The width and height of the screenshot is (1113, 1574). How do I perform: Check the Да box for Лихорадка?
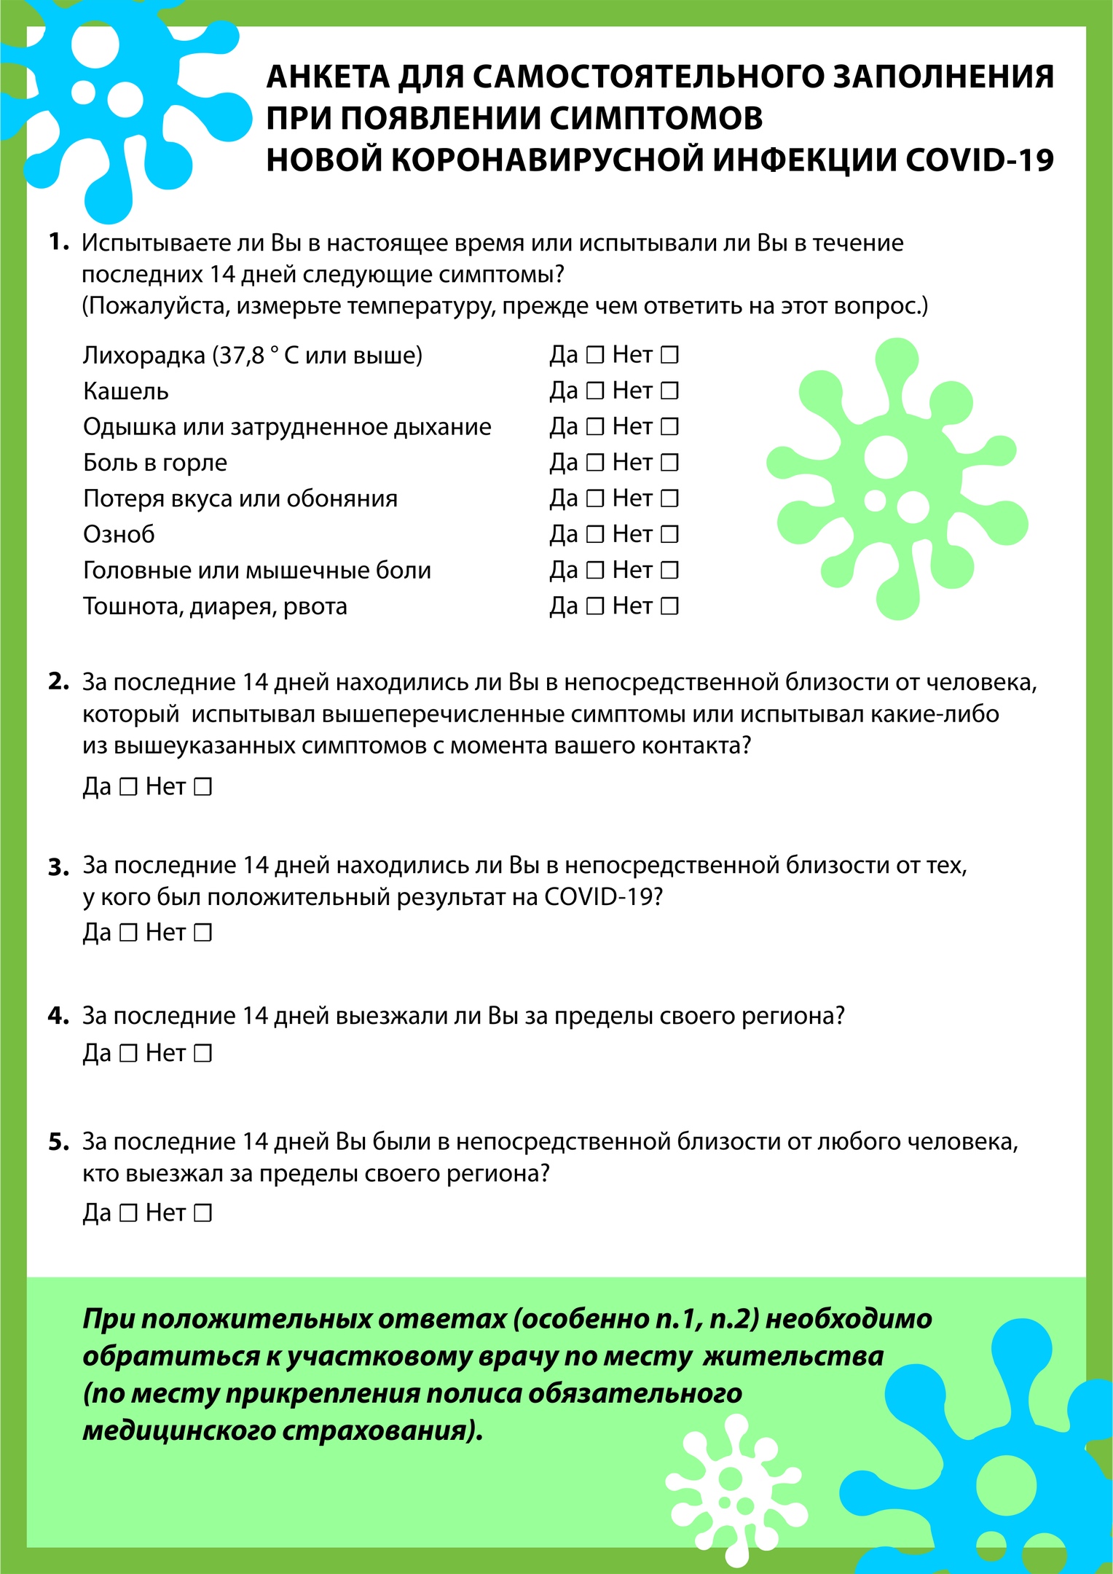pyautogui.click(x=595, y=356)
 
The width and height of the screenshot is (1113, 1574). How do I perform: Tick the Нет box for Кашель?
pyautogui.click(x=669, y=391)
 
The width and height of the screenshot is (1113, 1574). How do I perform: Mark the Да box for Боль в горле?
pyautogui.click(x=595, y=463)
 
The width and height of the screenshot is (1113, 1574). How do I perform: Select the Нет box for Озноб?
pyautogui.click(x=669, y=535)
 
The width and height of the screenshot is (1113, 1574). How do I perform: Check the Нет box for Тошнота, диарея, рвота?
pyautogui.click(x=669, y=606)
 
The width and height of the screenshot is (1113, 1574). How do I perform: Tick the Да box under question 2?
pyautogui.click(x=128, y=787)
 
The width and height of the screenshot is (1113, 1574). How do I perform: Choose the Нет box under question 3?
pyautogui.click(x=202, y=933)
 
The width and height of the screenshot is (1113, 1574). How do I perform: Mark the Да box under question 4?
pyautogui.click(x=128, y=1054)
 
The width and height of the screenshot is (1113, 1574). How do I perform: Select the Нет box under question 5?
pyautogui.click(x=202, y=1213)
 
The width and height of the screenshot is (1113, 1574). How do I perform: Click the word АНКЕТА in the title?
pyautogui.click(x=328, y=77)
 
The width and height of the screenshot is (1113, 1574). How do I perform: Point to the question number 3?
pyautogui.click(x=58, y=868)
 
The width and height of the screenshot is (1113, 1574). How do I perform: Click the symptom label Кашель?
pyautogui.click(x=126, y=392)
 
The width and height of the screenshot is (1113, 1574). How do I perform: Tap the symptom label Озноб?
pyautogui.click(x=119, y=535)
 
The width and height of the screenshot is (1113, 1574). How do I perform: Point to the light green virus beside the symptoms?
pyautogui.click(x=896, y=477)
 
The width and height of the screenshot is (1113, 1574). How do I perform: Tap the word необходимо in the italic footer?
pyautogui.click(x=849, y=1320)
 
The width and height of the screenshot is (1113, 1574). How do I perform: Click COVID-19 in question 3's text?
pyautogui.click(x=603, y=897)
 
